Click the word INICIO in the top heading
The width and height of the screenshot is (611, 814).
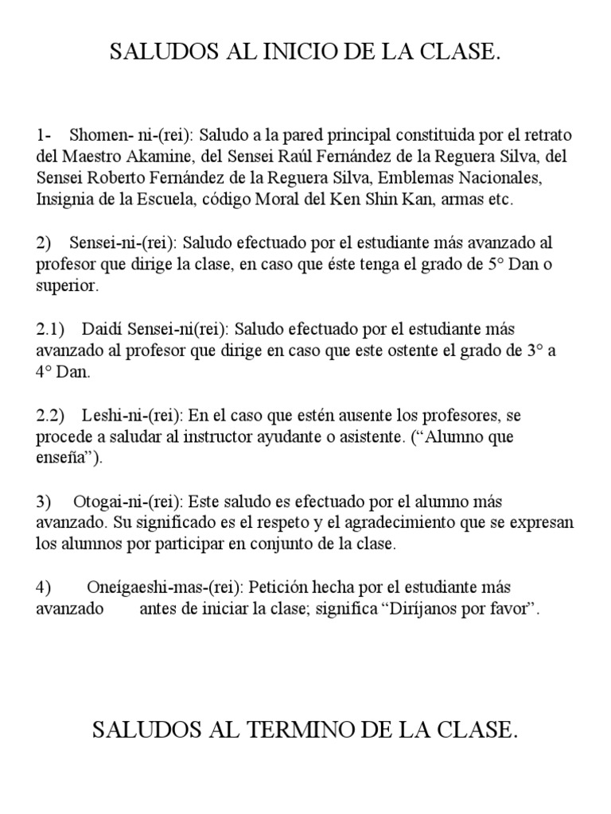click(x=288, y=53)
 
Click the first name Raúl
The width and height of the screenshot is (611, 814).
click(x=267, y=156)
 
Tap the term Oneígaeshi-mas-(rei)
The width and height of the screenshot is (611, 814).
click(x=165, y=588)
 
